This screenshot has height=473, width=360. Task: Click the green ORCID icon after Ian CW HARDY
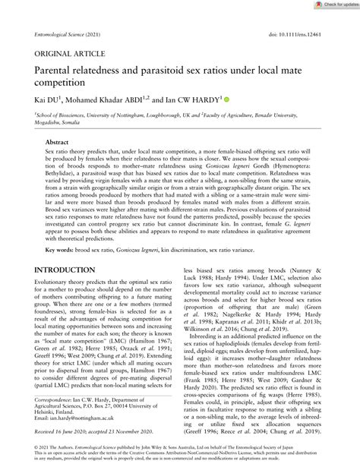click(x=226, y=99)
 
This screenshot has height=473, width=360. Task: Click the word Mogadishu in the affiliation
click(x=39, y=123)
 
